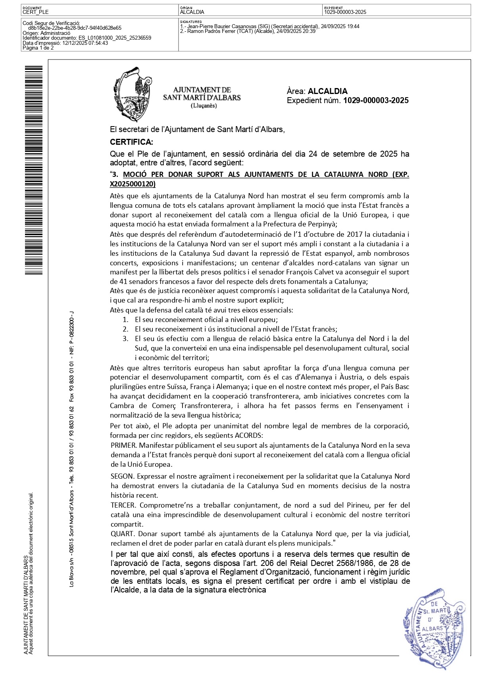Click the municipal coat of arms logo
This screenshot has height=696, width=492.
(131, 94)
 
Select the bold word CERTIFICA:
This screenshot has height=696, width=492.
(131, 142)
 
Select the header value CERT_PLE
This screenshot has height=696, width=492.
(36, 12)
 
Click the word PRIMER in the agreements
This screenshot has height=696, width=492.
(123, 445)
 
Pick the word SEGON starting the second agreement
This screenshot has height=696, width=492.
(123, 476)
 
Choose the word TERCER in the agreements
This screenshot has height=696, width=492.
(123, 505)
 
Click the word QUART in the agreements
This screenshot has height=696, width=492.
(123, 534)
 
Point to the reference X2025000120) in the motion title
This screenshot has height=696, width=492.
(133, 184)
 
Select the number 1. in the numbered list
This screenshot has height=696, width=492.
(125, 320)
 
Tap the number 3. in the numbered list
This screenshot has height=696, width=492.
(125, 339)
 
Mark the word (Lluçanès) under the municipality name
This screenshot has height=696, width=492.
(204, 105)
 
